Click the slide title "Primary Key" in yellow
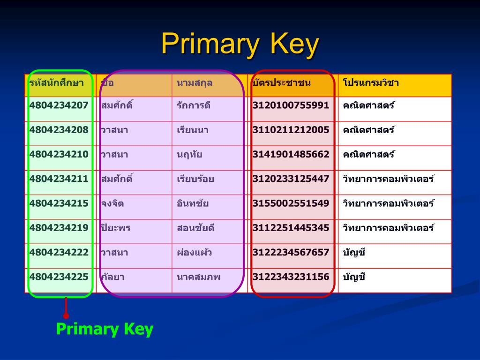tap(240, 45)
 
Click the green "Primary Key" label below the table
tap(105, 329)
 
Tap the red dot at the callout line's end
tap(66, 316)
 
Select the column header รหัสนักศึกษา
tap(56, 83)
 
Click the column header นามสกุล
tap(195, 83)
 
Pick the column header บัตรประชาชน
tap(282, 83)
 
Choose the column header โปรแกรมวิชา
tap(371, 83)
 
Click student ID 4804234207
tap(59, 105)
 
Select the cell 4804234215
tap(59, 203)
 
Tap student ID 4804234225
tap(59, 277)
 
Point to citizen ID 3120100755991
tap(291, 105)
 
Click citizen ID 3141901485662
tap(291, 154)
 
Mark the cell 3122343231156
tap(291, 277)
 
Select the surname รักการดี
tap(194, 105)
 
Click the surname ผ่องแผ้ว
tap(194, 253)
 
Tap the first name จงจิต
tap(112, 203)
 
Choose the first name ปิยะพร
tap(115, 228)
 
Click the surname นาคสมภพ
tap(198, 277)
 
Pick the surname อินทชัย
tap(193, 203)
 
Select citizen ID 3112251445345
tap(291, 228)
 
